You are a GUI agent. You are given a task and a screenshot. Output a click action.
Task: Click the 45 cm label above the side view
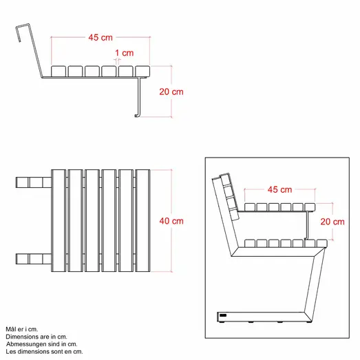pos(100,38)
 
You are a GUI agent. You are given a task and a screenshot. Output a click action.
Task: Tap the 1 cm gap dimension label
pos(125,52)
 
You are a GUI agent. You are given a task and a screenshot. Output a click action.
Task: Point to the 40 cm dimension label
pos(172,221)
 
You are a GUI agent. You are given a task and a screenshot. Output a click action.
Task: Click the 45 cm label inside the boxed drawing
pos(279,189)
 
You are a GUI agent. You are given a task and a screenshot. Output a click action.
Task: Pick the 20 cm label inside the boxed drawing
pos(333,222)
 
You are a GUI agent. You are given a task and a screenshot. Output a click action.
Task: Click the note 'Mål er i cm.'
pos(21,330)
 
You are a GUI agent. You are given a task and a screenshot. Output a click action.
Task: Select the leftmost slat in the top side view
pos(59,70)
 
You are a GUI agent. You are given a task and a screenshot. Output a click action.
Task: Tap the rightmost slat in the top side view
pos(142,70)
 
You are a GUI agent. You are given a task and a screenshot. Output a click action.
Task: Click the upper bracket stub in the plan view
pos(33,182)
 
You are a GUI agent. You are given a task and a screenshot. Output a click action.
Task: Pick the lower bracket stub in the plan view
pos(33,259)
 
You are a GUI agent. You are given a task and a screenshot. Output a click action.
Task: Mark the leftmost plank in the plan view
pos(59,220)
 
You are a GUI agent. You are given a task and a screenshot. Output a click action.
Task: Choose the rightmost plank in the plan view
pos(142,220)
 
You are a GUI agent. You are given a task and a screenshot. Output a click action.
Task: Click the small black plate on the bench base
pos(222,317)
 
